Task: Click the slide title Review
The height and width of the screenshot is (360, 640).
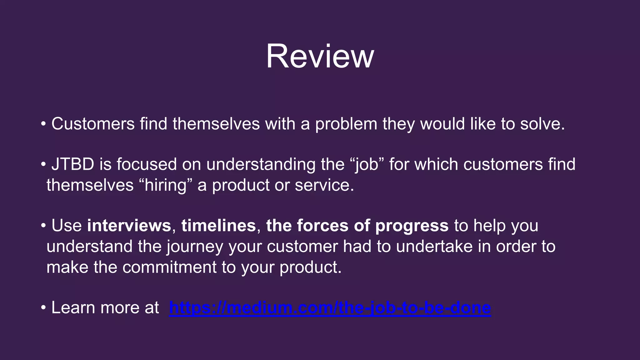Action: tap(320, 56)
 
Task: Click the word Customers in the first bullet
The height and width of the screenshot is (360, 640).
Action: tap(93, 124)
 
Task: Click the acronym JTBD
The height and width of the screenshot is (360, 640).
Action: tap(72, 164)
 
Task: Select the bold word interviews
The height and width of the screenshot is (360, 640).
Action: tap(129, 226)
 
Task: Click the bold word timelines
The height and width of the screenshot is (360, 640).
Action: tap(218, 226)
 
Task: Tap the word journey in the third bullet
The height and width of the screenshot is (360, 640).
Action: tap(195, 247)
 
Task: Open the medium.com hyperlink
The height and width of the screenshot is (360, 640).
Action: tap(330, 308)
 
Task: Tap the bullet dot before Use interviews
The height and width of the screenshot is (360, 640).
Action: tap(43, 226)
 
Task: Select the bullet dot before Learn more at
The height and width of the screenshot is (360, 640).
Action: tap(43, 308)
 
